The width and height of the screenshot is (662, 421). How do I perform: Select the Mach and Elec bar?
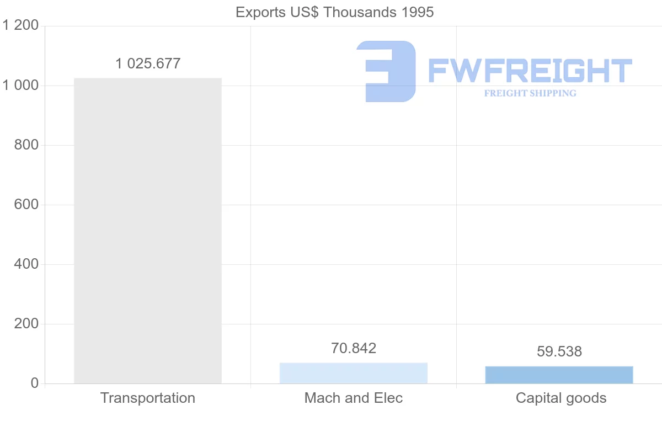pyautogui.click(x=354, y=373)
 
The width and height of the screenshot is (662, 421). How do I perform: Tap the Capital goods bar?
pyautogui.click(x=559, y=375)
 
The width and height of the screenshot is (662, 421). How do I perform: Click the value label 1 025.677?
pyautogui.click(x=148, y=63)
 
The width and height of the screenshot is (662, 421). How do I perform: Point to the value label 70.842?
pyautogui.click(x=354, y=348)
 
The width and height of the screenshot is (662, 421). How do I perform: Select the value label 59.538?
pyautogui.click(x=559, y=351)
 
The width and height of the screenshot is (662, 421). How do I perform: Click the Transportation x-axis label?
pyautogui.click(x=148, y=398)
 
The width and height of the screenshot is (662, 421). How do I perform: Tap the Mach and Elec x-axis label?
pyautogui.click(x=354, y=398)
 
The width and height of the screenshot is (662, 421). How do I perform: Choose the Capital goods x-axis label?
pyautogui.click(x=561, y=398)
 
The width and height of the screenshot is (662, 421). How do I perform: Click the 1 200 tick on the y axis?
pyautogui.click(x=20, y=26)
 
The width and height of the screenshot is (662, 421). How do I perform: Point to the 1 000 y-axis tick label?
pyautogui.click(x=20, y=86)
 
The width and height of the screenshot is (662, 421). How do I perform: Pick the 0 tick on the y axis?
pyautogui.click(x=34, y=383)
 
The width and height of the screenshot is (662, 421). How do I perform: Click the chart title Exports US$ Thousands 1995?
pyautogui.click(x=335, y=12)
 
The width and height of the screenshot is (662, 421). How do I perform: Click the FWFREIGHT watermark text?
pyautogui.click(x=530, y=71)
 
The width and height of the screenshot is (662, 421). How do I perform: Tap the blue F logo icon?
pyautogui.click(x=386, y=71)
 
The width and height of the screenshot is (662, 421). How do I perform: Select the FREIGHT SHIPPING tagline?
pyautogui.click(x=530, y=93)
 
